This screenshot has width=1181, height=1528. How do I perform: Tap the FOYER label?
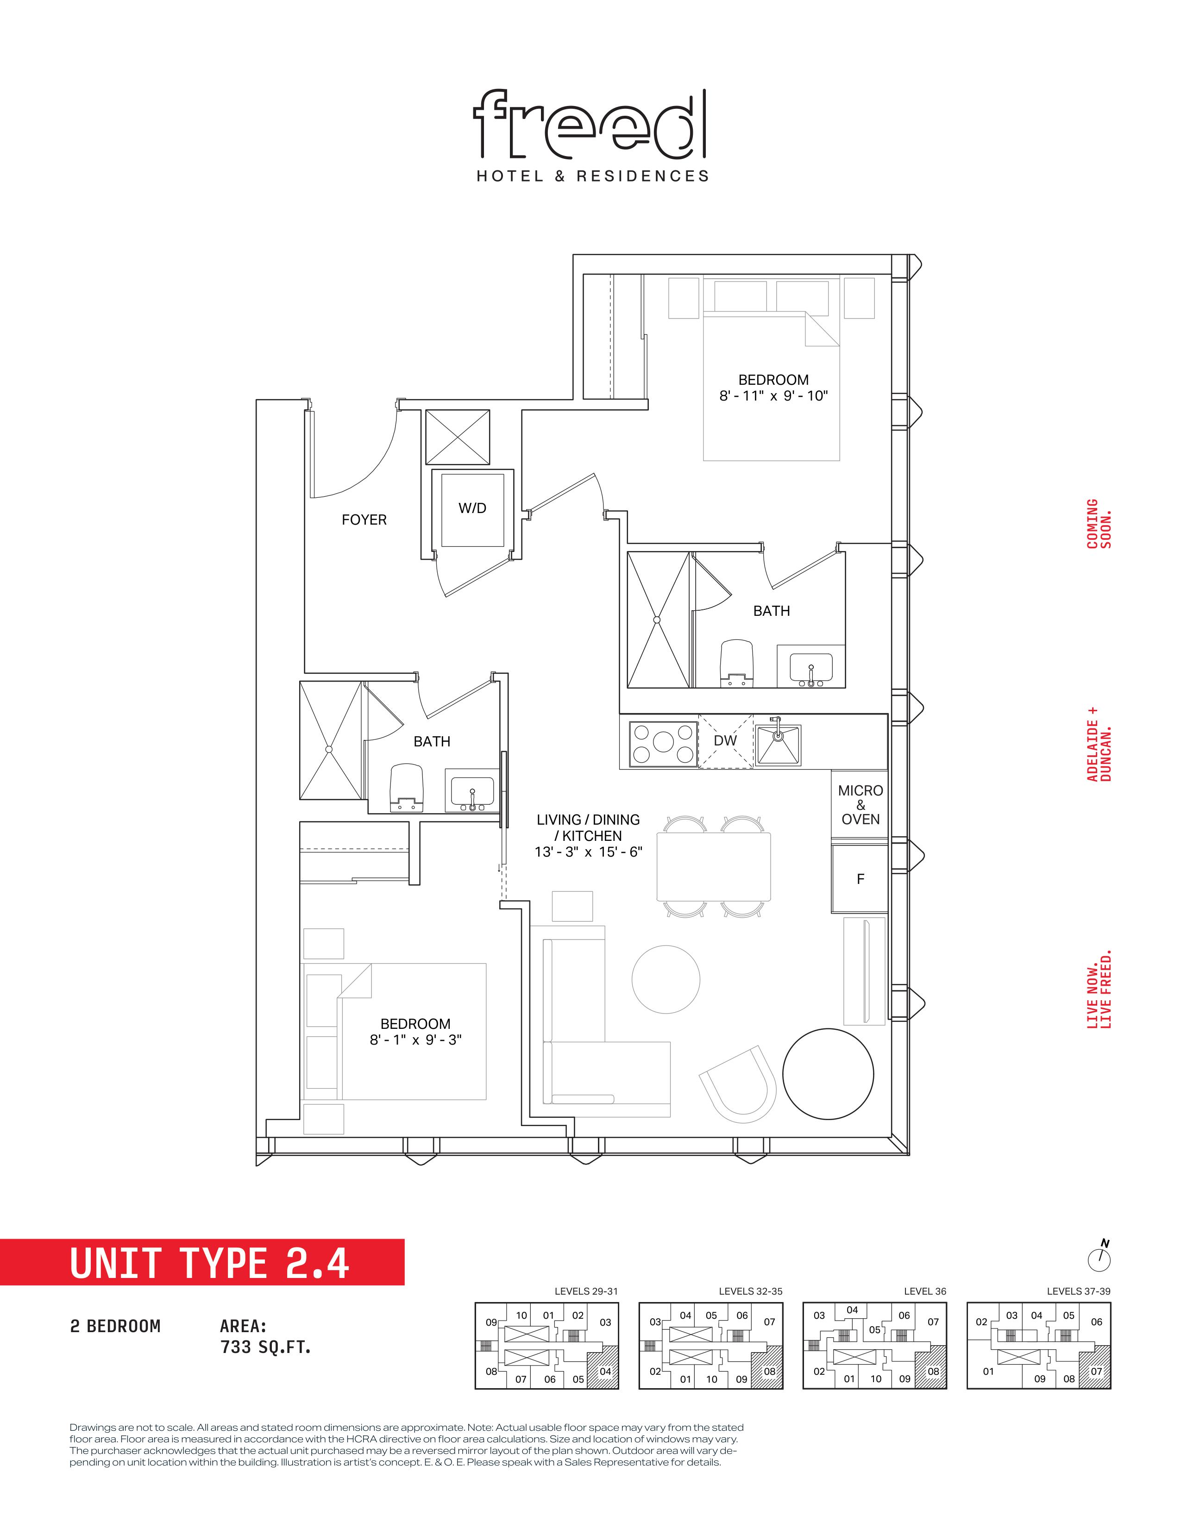click(x=364, y=520)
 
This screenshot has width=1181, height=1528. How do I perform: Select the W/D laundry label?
click(x=472, y=508)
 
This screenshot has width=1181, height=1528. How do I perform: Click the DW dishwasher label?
click(x=726, y=741)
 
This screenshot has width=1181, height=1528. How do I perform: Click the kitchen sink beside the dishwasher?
click(x=777, y=744)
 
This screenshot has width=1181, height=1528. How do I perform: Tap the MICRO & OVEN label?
click(x=861, y=805)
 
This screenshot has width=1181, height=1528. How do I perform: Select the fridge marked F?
click(x=860, y=879)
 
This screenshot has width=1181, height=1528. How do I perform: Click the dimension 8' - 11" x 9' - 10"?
click(x=773, y=396)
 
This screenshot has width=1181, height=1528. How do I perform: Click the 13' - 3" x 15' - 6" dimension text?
click(x=588, y=852)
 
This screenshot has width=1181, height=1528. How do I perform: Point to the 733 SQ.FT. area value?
click(x=266, y=1347)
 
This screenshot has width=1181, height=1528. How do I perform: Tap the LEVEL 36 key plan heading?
click(x=925, y=1291)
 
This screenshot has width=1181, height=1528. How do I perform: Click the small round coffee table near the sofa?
click(x=666, y=979)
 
